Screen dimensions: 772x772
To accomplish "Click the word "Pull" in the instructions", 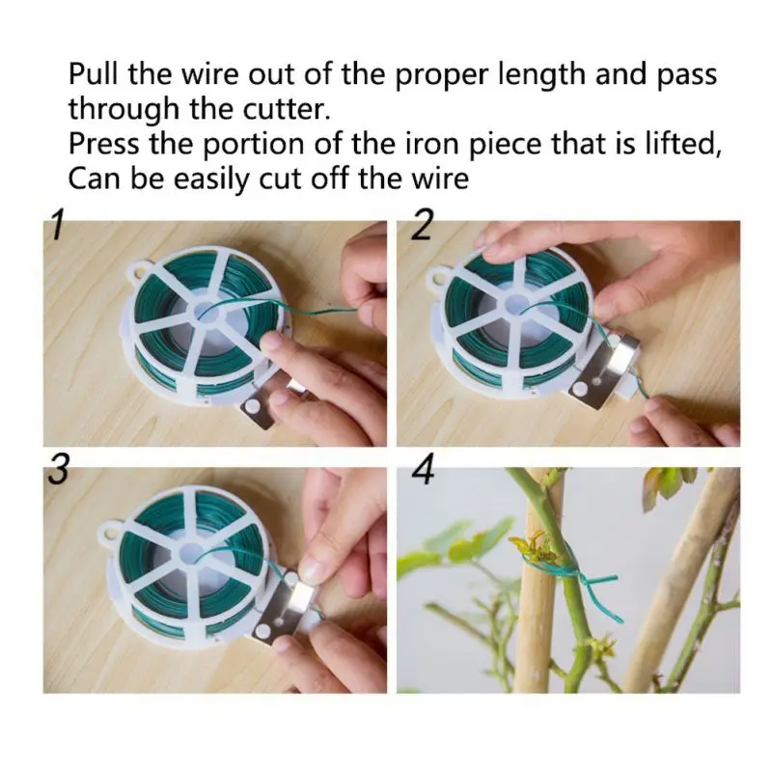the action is coord(93,74).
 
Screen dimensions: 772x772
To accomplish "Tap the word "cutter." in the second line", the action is coord(286,109).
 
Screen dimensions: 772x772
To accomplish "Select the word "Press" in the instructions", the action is coord(103,144).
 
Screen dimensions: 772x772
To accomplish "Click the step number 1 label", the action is coord(58,225).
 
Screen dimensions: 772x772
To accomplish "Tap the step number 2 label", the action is coord(421,225).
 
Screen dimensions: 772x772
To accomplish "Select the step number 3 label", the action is coord(58,469).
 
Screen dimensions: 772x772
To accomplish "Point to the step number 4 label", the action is coord(423,469).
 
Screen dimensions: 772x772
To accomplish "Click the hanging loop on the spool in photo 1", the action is coord(139,272).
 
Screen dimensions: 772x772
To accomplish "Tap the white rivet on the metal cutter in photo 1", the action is coord(253,405).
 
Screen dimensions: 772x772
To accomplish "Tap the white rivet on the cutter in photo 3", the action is coord(262,632).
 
